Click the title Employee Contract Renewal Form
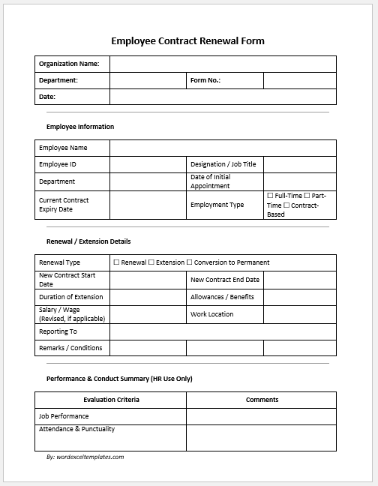187,41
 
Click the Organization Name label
69,64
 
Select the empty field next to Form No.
299,80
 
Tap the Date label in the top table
47,97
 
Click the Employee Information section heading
80,127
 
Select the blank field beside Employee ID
148,164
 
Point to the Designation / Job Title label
223,164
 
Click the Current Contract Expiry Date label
64,204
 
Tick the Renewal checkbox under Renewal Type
116,262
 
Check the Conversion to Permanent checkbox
189,262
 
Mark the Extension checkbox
151,262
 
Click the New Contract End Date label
225,280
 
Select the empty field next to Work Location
299,314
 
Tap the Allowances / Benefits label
222,297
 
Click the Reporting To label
58,331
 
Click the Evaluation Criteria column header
111,400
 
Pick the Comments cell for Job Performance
261,416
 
